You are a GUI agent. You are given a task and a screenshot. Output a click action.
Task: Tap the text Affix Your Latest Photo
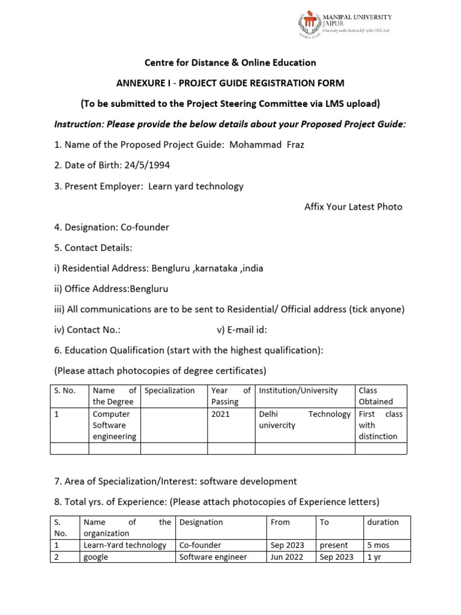click(354, 207)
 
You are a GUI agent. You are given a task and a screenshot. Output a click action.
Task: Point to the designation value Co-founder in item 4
click(145, 227)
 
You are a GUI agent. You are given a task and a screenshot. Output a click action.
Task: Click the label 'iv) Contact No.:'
click(87, 329)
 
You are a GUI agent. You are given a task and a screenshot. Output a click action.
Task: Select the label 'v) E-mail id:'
click(241, 329)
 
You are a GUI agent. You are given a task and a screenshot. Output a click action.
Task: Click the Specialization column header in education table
click(170, 390)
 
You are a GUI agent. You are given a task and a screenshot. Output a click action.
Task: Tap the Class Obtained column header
click(376, 396)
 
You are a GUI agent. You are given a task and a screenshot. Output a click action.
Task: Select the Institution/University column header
click(298, 390)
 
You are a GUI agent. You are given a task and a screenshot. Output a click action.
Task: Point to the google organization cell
click(96, 557)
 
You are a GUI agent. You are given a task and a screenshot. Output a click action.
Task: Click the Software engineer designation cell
click(213, 557)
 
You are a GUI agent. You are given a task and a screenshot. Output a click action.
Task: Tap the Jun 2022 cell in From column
click(288, 557)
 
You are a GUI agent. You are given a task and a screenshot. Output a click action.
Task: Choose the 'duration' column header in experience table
click(382, 522)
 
